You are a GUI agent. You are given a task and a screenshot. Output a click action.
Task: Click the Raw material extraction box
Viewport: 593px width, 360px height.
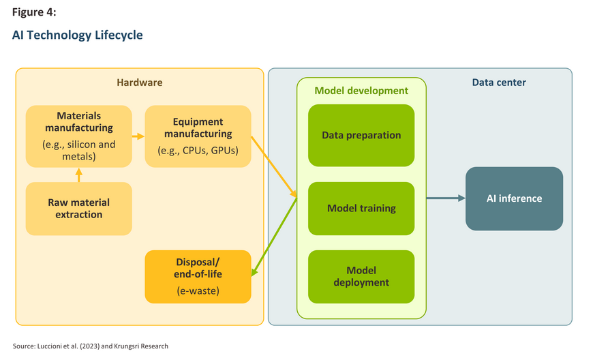click(x=78, y=209)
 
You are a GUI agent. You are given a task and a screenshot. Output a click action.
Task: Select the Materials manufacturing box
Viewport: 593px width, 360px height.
click(x=78, y=136)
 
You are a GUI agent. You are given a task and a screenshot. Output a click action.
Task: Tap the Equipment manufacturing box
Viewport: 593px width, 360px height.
click(x=198, y=136)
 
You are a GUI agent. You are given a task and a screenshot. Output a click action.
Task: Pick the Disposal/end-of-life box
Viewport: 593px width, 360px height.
click(x=198, y=276)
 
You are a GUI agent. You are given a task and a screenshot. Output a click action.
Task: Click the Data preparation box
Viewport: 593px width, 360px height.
click(x=361, y=136)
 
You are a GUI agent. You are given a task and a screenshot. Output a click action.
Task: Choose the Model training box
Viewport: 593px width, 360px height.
click(x=361, y=209)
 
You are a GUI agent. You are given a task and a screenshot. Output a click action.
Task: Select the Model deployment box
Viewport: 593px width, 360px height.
click(x=361, y=276)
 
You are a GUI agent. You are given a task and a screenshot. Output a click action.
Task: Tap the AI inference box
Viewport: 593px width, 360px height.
click(x=514, y=198)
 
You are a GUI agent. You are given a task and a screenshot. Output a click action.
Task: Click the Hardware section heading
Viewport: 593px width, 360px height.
click(x=140, y=82)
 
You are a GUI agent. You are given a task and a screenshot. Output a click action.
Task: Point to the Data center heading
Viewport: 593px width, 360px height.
click(x=499, y=82)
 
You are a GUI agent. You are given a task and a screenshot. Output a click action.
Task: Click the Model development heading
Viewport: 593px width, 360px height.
click(x=361, y=91)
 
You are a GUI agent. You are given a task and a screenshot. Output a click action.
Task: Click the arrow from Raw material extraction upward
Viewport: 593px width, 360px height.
click(x=78, y=175)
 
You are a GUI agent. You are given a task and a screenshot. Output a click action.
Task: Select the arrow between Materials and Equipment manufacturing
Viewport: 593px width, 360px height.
click(x=138, y=136)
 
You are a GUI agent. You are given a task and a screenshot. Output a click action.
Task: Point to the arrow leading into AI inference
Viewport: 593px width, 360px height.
click(x=446, y=198)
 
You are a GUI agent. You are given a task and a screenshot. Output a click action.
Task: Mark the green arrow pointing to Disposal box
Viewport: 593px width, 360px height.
click(x=274, y=237)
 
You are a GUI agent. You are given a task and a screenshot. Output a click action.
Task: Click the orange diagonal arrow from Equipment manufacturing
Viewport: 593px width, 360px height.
click(x=274, y=167)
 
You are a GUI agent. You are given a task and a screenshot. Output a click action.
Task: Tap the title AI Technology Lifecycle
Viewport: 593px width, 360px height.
click(x=78, y=35)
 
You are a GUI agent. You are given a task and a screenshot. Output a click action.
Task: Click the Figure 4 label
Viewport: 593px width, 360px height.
click(x=34, y=12)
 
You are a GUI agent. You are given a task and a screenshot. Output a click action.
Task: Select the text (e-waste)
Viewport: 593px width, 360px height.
click(x=198, y=291)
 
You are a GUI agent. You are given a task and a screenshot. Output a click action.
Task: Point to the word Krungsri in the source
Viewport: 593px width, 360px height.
click(x=127, y=346)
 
